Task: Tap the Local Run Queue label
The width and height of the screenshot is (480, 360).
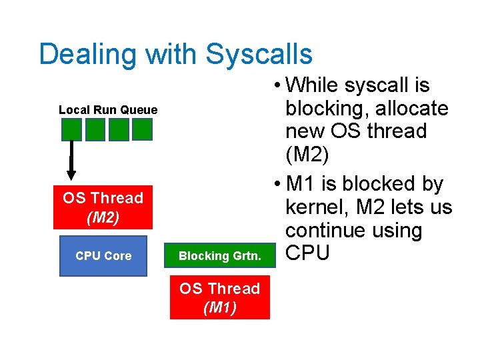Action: pos(108,110)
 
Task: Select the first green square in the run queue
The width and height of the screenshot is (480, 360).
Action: pos(72,129)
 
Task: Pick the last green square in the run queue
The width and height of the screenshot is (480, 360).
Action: pos(142,129)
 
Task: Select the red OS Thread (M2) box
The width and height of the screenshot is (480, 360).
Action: pos(103,207)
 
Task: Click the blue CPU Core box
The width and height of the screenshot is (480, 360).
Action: pos(103,256)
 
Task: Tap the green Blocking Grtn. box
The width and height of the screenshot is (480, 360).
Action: pos(219,256)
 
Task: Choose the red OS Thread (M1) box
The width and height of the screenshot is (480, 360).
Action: pos(219,298)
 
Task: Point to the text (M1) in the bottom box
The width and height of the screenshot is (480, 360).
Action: pos(219,307)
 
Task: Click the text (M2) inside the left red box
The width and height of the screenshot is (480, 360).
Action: pos(103,217)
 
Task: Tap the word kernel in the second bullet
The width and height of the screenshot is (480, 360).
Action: pos(315,207)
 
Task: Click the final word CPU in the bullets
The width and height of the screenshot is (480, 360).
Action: pos(307,254)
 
